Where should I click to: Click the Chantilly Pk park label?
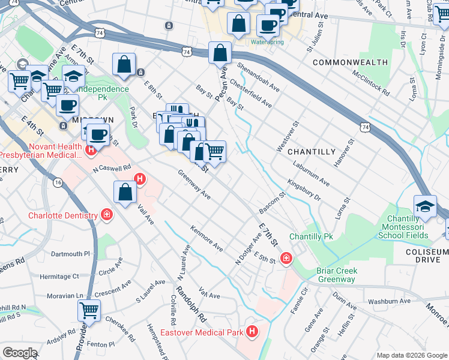click(x=310, y=237)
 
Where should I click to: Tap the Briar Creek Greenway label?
click(x=337, y=275)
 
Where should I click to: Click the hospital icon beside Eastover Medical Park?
click(x=252, y=331)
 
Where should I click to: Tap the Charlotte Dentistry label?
click(x=63, y=215)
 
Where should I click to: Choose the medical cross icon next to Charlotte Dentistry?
click(x=107, y=215)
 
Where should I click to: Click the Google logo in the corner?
click(x=19, y=353)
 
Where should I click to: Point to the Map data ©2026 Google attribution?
click(x=411, y=355)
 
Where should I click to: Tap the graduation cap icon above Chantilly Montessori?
click(x=425, y=206)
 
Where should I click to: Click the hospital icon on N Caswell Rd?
click(x=140, y=179)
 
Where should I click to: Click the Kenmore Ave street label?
click(x=206, y=238)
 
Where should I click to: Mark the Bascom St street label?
click(x=272, y=203)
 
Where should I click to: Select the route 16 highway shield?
click(x=58, y=182)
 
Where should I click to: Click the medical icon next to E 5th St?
click(x=286, y=258)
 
